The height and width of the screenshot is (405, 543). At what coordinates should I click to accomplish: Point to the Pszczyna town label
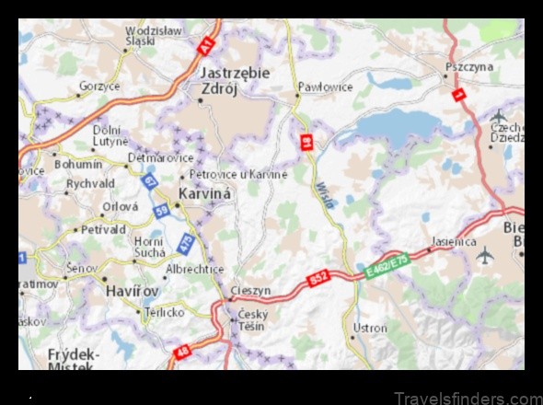(468, 67)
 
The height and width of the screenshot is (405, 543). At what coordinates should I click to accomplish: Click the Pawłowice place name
(325, 87)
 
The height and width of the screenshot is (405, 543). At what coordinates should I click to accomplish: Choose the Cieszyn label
(250, 290)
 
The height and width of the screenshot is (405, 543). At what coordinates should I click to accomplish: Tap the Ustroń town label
(370, 327)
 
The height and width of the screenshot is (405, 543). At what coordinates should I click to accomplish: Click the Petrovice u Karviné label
(238, 174)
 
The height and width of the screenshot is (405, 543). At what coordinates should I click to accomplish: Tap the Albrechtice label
(194, 269)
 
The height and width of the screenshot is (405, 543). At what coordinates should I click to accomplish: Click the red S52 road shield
(318, 277)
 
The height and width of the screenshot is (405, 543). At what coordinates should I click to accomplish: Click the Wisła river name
(323, 194)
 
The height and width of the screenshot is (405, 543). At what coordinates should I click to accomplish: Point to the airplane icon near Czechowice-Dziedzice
(499, 116)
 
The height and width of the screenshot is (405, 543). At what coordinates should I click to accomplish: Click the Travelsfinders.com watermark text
(468, 398)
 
